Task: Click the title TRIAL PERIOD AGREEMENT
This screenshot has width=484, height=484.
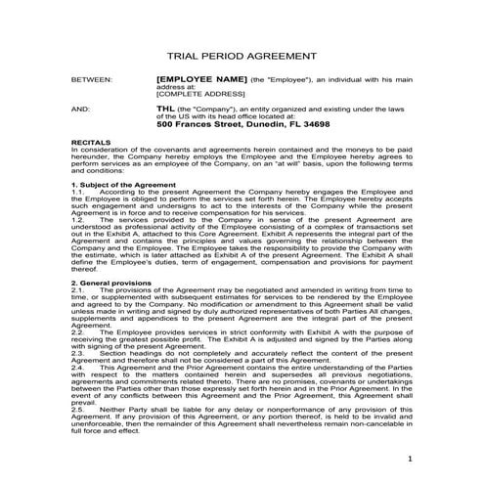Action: click(x=242, y=58)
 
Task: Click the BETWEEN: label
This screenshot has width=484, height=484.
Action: click(x=93, y=77)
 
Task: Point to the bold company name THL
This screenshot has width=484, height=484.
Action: click(x=166, y=110)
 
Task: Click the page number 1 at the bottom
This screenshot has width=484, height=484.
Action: click(x=412, y=458)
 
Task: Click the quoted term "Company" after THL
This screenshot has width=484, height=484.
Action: click(x=206, y=110)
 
